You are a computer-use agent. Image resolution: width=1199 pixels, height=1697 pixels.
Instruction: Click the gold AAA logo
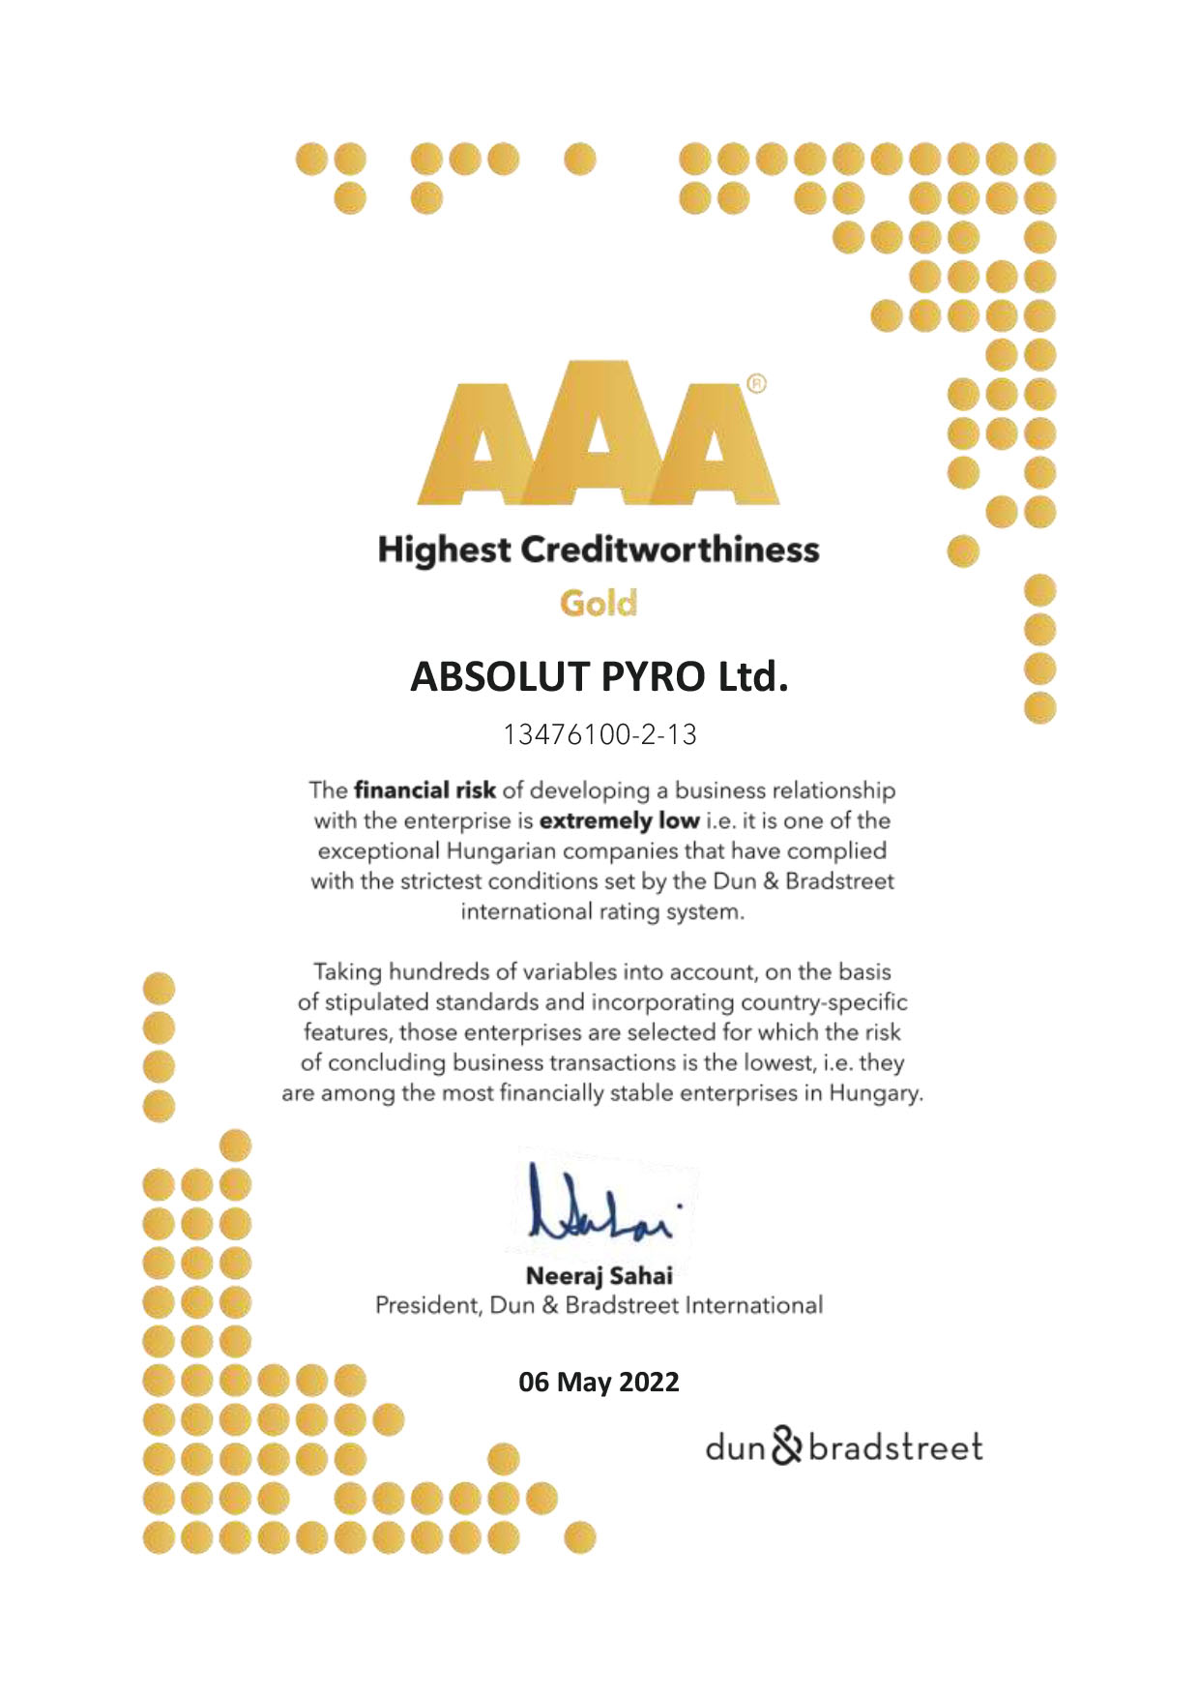click(x=598, y=433)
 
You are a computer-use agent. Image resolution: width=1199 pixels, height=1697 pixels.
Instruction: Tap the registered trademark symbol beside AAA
click(x=757, y=384)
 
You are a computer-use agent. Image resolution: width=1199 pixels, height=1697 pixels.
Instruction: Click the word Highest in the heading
click(x=444, y=550)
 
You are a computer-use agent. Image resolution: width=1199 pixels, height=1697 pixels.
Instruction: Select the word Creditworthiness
click(x=670, y=550)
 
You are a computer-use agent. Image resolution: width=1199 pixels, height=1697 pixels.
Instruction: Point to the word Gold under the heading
click(x=599, y=604)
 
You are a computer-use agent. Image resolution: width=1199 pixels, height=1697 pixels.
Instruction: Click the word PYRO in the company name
click(x=654, y=676)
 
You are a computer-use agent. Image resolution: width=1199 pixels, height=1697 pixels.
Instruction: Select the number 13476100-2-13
click(x=599, y=735)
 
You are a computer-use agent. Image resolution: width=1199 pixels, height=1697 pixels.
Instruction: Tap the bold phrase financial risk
click(x=424, y=790)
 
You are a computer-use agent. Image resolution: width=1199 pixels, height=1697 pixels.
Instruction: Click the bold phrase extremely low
click(x=619, y=821)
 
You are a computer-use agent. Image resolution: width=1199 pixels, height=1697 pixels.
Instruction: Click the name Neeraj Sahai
click(x=599, y=1275)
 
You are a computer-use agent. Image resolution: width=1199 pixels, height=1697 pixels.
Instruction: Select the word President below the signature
click(x=426, y=1305)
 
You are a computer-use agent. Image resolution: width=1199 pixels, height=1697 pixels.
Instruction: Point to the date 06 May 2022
click(x=599, y=1382)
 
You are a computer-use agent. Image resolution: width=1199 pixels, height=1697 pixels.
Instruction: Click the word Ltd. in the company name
click(x=751, y=676)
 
